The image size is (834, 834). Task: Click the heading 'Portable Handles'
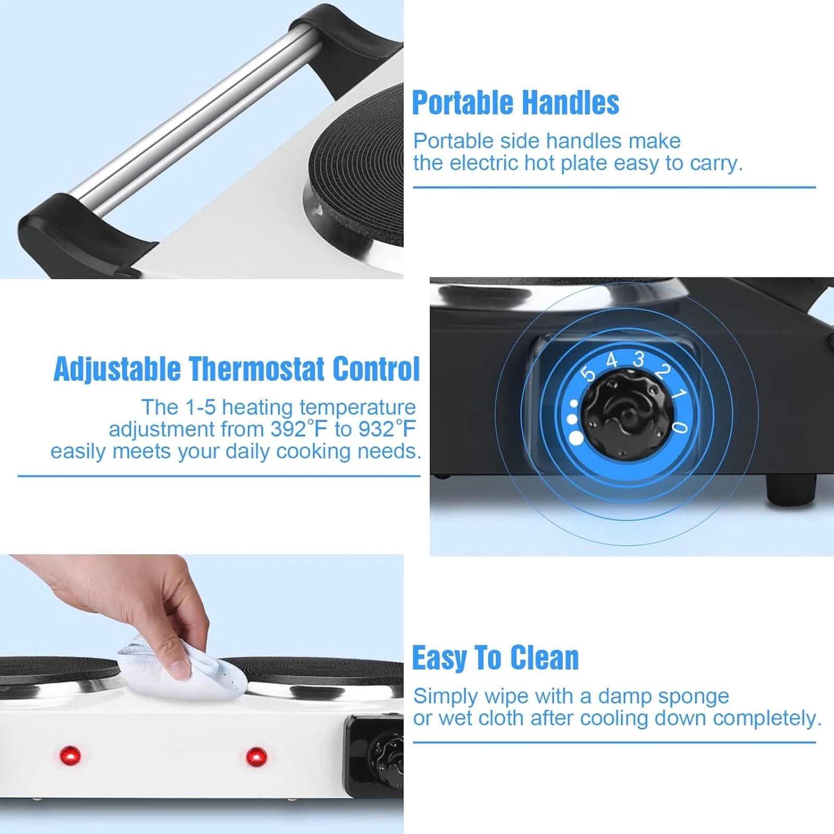click(516, 102)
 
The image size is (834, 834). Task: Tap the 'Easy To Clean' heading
click(495, 658)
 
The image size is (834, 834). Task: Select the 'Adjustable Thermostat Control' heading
click(237, 369)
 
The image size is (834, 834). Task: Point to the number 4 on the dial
click(611, 360)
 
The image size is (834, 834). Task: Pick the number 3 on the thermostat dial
click(638, 359)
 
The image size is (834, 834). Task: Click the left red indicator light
click(70, 755)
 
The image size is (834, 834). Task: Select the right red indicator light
click(256, 756)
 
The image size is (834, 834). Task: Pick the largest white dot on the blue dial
click(576, 438)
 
